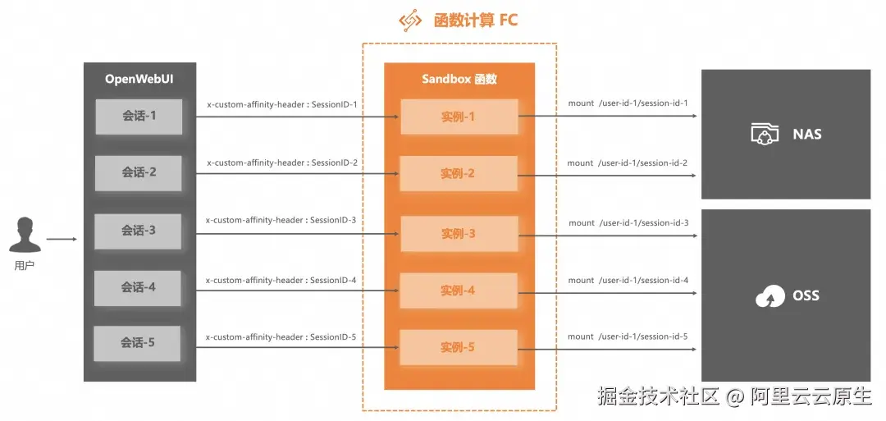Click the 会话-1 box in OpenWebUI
click(x=139, y=117)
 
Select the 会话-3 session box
click(x=138, y=231)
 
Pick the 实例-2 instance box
click(x=459, y=174)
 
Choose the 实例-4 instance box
click(x=459, y=291)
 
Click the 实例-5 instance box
click(x=459, y=347)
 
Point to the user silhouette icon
click(x=25, y=234)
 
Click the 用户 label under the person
click(x=25, y=266)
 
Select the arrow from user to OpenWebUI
click(x=62, y=239)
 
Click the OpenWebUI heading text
click(x=139, y=79)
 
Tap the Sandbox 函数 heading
click(x=459, y=79)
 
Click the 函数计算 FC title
click(x=475, y=21)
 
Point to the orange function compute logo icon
click(x=410, y=21)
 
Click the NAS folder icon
click(x=765, y=134)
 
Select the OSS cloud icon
click(x=770, y=296)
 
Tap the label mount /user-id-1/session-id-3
click(x=628, y=222)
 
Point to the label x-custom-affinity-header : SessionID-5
click(x=281, y=336)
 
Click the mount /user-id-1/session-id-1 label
click(x=628, y=103)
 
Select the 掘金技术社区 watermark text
click(x=658, y=396)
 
